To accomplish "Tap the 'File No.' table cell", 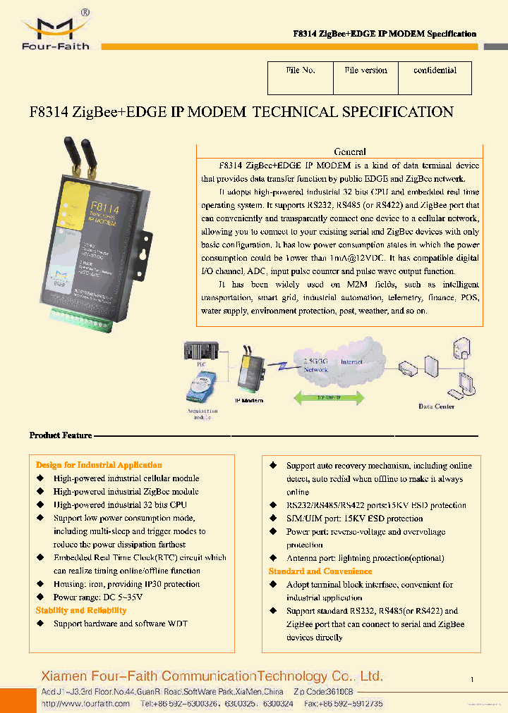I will [x=300, y=70].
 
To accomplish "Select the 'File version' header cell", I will [x=365, y=70].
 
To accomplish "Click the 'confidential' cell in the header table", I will [x=435, y=70].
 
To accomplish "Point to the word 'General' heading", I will [x=349, y=151].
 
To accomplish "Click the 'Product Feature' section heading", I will [x=61, y=435].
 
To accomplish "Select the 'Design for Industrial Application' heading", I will [x=99, y=465].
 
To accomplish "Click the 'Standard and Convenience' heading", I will [x=320, y=571].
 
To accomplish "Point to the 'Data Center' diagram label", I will [x=436, y=407].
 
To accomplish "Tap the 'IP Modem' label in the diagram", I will [x=249, y=401].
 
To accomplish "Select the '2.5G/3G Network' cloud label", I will [x=315, y=365].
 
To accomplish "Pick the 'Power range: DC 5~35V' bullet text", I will [x=98, y=597].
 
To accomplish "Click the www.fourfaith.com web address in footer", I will [x=85, y=703].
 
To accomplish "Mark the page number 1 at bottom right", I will [x=471, y=679].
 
